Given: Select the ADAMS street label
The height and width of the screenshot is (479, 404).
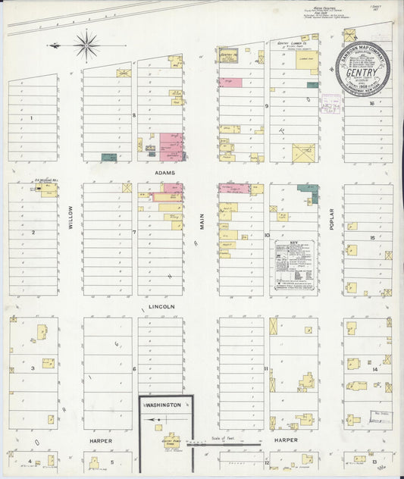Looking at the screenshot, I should click(x=165, y=173).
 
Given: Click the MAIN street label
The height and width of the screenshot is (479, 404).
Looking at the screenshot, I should click(x=202, y=221).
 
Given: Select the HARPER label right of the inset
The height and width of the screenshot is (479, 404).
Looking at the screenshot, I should click(x=285, y=440).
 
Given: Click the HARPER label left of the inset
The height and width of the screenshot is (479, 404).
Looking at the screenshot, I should click(x=100, y=440).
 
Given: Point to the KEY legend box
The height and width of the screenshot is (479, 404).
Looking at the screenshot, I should click(x=293, y=265).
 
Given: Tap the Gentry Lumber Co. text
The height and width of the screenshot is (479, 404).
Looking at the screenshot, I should click(x=293, y=45).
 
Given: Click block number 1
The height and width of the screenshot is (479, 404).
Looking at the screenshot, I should click(x=31, y=118).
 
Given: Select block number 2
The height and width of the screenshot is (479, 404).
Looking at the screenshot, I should click(x=33, y=232).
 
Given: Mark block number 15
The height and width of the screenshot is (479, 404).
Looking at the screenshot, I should click(x=372, y=238).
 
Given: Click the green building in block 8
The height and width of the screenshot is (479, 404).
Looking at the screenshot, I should click(x=109, y=158).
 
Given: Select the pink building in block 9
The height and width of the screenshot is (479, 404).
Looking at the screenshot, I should click(x=230, y=82).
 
